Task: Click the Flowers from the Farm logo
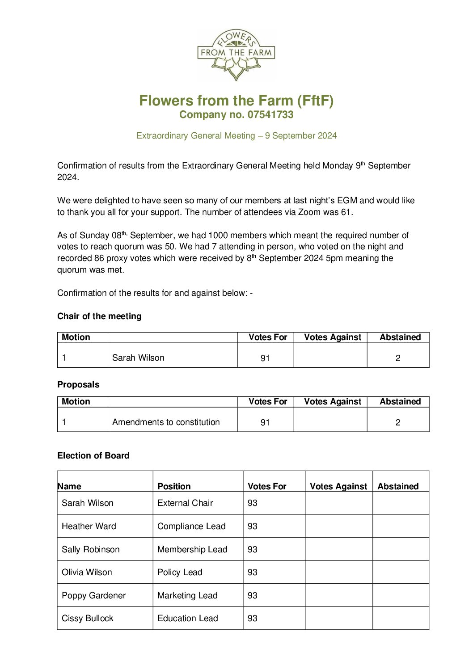point(236,55)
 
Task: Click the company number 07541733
point(270,115)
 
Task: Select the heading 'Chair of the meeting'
point(99,316)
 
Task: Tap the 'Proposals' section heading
point(78,385)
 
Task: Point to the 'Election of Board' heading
point(93,456)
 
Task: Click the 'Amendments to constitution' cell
point(166,422)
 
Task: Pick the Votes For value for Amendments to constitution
point(265,423)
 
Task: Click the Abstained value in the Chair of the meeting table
point(398,358)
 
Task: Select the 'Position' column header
point(174,487)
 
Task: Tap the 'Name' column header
point(70,487)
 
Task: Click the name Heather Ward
point(89,526)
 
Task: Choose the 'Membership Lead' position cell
point(192,550)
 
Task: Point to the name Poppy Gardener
point(94,596)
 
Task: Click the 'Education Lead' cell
point(188,619)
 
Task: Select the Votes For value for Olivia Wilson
point(253,572)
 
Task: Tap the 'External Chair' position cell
point(185,503)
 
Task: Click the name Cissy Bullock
point(88,619)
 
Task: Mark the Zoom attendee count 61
point(346,212)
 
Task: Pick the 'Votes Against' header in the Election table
point(338,487)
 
